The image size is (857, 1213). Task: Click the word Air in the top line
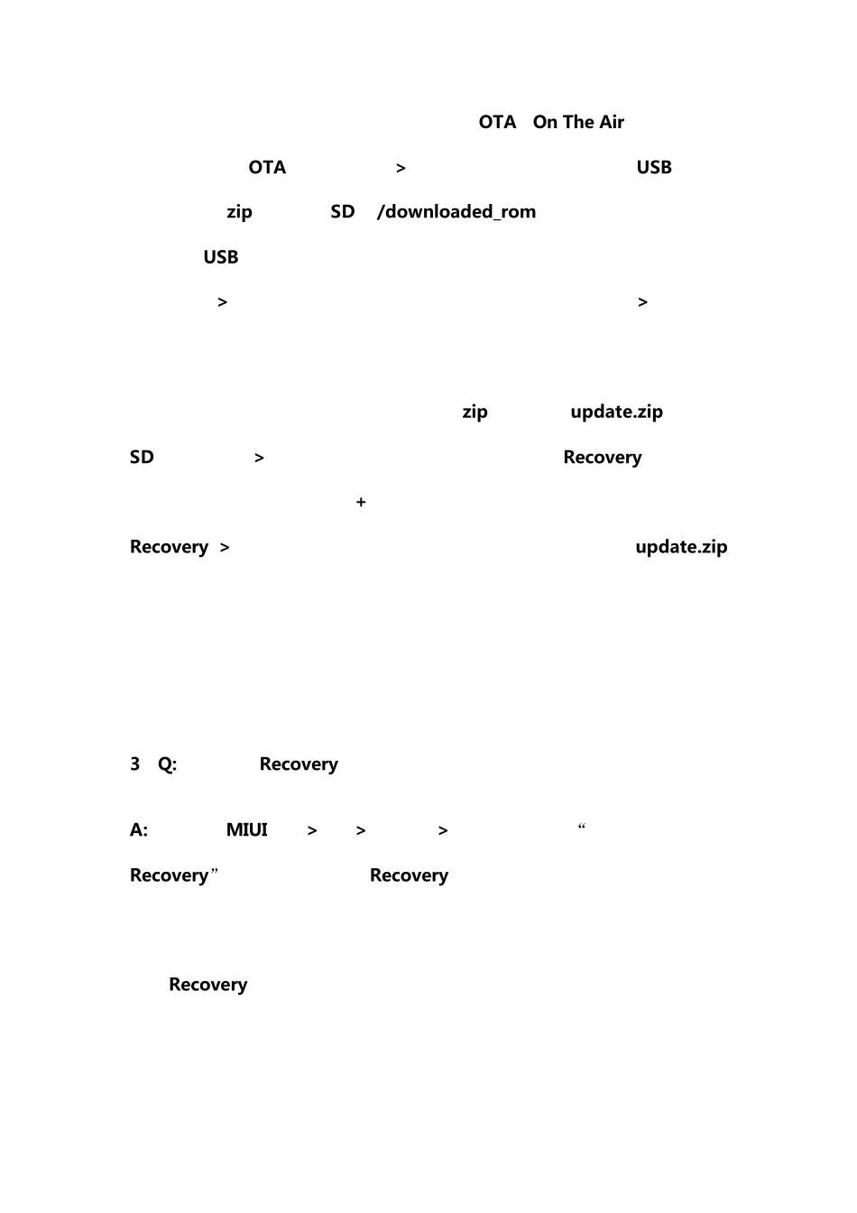(x=612, y=122)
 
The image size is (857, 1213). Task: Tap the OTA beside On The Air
(x=497, y=122)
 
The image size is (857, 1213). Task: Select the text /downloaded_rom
(x=456, y=211)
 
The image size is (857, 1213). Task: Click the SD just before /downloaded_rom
(x=342, y=211)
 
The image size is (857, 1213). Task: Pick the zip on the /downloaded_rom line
(x=239, y=212)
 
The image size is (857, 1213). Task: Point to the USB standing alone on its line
(x=220, y=256)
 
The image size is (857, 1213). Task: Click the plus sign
(x=361, y=502)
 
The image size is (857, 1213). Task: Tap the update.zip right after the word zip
(x=617, y=412)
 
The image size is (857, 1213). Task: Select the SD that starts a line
(x=142, y=457)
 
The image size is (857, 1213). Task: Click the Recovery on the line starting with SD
(x=602, y=457)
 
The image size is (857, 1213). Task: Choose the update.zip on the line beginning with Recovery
(x=681, y=547)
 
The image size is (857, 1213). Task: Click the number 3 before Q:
(x=134, y=764)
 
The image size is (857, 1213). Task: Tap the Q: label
(x=167, y=764)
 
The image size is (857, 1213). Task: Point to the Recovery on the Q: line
(x=299, y=764)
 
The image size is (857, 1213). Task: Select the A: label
(x=139, y=829)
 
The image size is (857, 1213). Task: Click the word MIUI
(x=246, y=829)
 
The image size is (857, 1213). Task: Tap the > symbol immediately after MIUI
(x=312, y=830)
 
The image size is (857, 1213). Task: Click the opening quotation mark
(x=582, y=826)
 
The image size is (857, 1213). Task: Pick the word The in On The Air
(x=577, y=122)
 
